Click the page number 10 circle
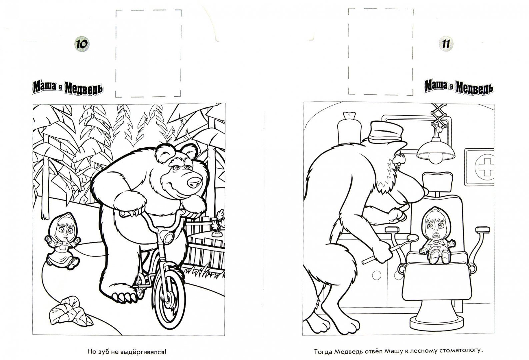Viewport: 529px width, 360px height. tap(82, 44)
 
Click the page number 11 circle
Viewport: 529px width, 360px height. tap(446, 44)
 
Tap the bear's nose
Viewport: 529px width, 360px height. tap(194, 182)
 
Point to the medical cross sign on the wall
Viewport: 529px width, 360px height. tap(479, 167)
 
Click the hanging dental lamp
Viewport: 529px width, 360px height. tap(435, 151)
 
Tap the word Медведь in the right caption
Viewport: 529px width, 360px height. tap(348, 351)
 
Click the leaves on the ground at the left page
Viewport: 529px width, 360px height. tap(70, 311)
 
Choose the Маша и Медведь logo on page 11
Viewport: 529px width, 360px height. tap(459, 87)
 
